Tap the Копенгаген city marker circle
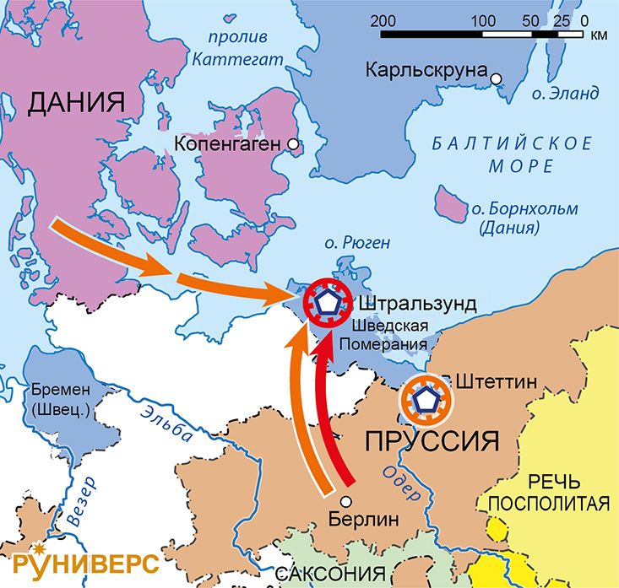(x=293, y=144)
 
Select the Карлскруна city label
(x=426, y=71)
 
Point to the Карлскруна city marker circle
(x=497, y=78)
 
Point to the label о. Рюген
(x=357, y=243)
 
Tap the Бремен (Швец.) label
(x=63, y=400)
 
